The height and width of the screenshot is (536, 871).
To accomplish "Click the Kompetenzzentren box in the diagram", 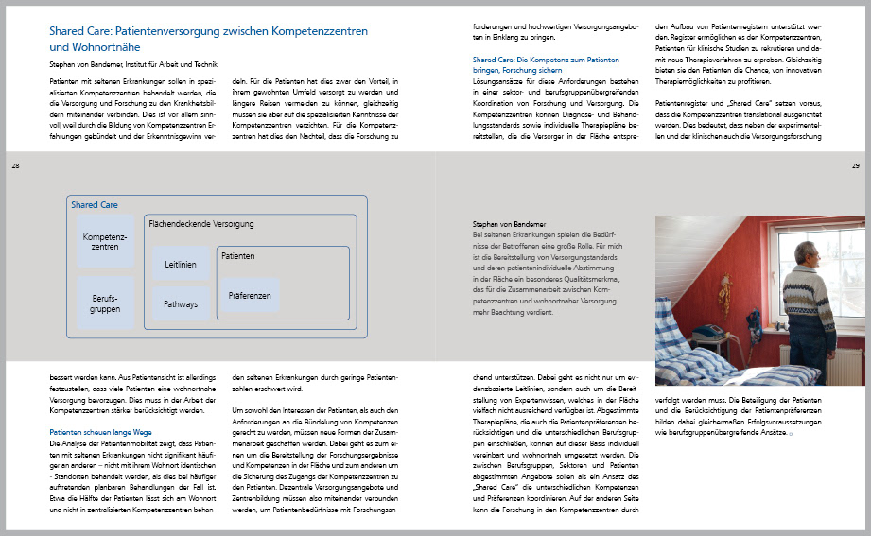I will (x=105, y=240).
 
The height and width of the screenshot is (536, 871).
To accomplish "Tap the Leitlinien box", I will (x=181, y=265).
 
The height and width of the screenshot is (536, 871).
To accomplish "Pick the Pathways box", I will (x=181, y=304).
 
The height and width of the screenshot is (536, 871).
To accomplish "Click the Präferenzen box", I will (x=250, y=296).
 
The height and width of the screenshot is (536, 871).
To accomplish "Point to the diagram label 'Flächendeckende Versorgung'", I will (x=202, y=224).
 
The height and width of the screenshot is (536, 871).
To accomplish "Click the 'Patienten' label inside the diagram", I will (x=238, y=256).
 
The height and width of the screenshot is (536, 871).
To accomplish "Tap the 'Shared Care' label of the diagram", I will (x=94, y=204).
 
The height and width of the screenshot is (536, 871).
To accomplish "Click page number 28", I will (x=15, y=166).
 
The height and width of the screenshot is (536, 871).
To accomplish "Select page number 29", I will (x=855, y=166).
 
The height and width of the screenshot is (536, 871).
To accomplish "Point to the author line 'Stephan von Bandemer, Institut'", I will (x=127, y=65).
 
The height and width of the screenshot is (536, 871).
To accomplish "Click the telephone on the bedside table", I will (x=707, y=331).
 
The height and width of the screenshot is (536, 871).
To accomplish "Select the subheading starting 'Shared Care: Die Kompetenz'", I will (x=540, y=60).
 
